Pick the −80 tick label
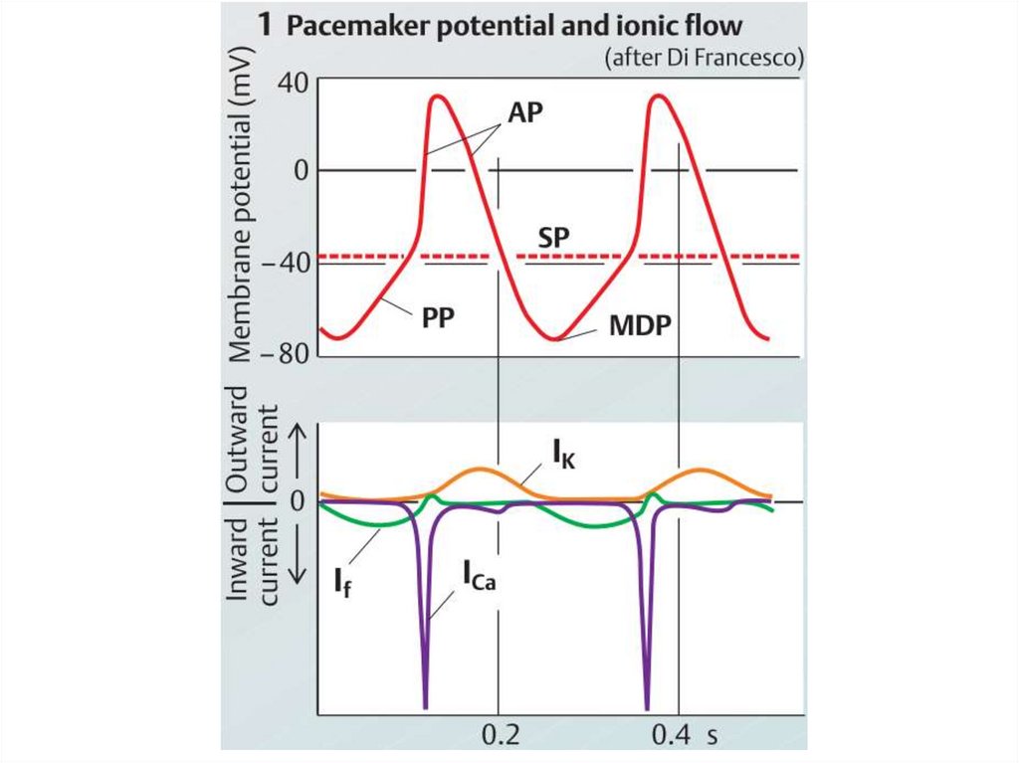287,354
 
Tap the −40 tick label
287,263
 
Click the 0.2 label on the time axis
499,736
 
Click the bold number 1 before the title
265,27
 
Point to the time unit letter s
712,736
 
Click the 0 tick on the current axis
296,500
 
